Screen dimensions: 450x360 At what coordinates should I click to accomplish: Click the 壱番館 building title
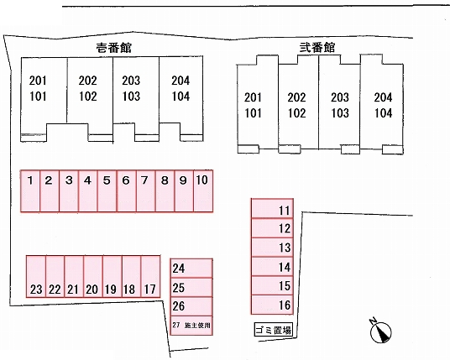[x=114, y=48]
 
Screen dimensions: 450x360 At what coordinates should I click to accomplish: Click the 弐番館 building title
[x=317, y=48]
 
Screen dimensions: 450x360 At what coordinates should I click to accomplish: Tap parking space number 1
[x=30, y=191]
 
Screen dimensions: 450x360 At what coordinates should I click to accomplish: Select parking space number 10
[x=203, y=191]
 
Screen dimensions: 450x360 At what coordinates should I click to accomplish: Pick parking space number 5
[x=107, y=191]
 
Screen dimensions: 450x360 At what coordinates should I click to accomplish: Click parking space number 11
[x=272, y=208]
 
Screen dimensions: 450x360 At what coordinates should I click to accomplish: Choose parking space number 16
[x=272, y=305]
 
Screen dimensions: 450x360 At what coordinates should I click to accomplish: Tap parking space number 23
[x=36, y=277]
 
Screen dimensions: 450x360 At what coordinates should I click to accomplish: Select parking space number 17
[x=150, y=277]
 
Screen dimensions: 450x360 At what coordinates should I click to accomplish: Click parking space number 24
[x=191, y=269]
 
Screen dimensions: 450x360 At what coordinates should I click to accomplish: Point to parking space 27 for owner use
[x=191, y=326]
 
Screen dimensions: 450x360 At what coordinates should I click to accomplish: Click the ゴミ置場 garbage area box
[x=273, y=330]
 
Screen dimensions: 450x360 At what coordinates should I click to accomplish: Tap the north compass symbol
[x=380, y=331]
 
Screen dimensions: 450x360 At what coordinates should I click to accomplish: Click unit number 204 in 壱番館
[x=181, y=81]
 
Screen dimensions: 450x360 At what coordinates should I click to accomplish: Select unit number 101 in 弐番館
[x=253, y=113]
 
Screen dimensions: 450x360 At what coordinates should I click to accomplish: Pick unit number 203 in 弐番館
[x=340, y=97]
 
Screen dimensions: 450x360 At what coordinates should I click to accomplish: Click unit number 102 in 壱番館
[x=88, y=97]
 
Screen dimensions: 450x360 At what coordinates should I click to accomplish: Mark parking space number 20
[x=93, y=277]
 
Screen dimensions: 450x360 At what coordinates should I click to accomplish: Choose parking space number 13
[x=272, y=248]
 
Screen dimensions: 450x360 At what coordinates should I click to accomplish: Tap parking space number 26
[x=191, y=306]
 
